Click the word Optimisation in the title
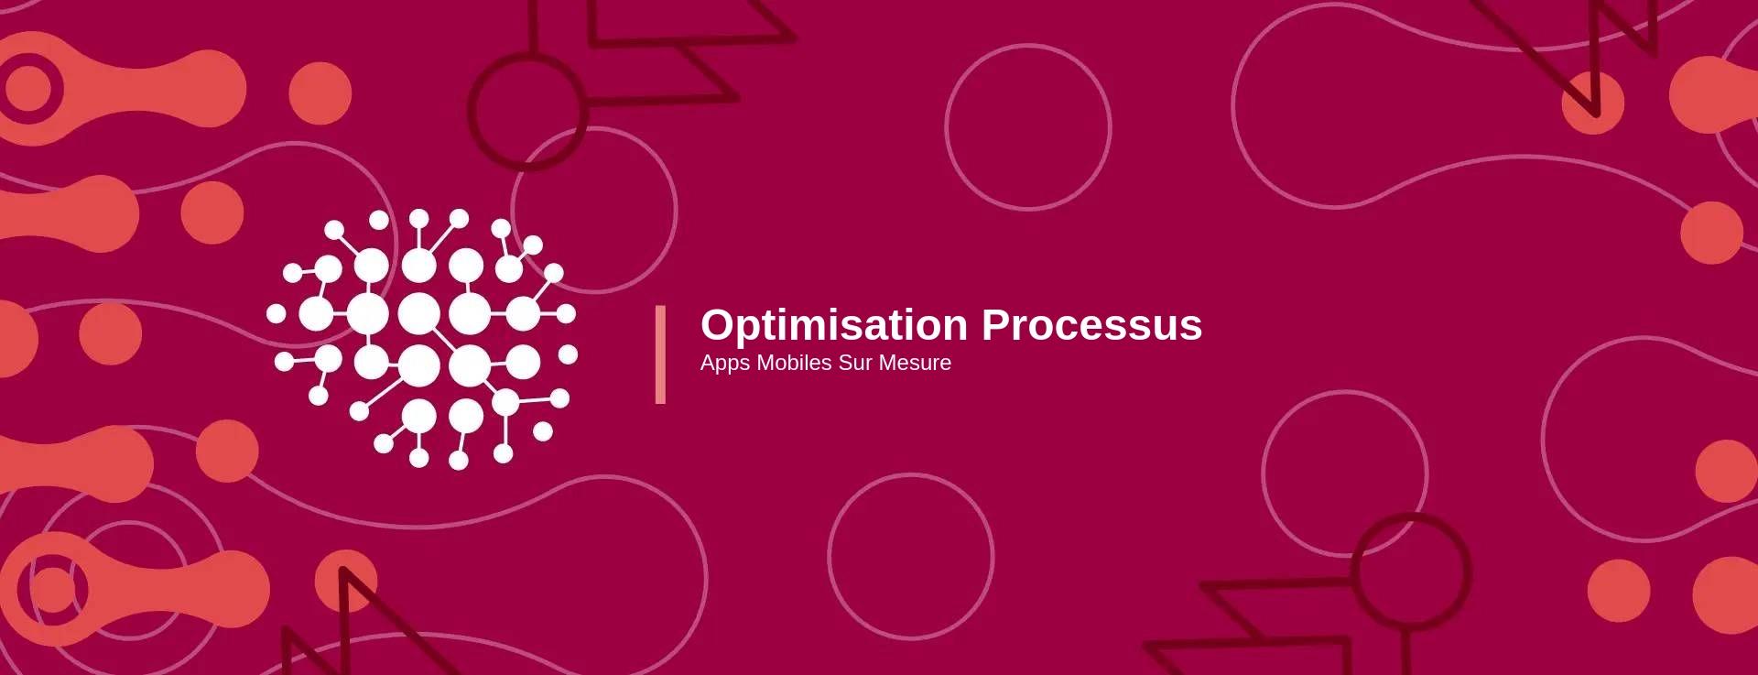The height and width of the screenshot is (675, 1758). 834,325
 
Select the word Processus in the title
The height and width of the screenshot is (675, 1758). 1091,325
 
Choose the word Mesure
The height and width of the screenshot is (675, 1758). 915,363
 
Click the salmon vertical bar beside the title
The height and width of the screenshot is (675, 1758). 660,354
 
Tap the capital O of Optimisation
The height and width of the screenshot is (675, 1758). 719,325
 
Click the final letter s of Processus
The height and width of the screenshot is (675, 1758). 1191,330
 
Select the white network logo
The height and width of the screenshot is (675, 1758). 422,339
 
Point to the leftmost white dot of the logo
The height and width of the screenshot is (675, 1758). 276,314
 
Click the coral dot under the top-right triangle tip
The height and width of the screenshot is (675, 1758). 1592,103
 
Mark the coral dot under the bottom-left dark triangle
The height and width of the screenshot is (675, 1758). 346,581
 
